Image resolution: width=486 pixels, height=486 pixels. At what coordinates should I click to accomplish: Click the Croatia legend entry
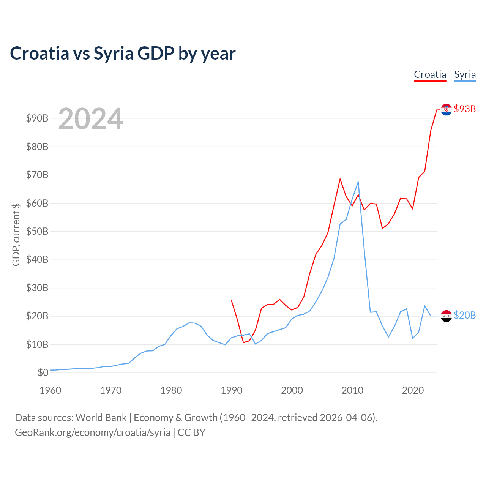pos(430,74)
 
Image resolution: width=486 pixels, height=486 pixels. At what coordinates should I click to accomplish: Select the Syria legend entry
pos(465,74)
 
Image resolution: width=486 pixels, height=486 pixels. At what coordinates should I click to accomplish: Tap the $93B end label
pos(465,109)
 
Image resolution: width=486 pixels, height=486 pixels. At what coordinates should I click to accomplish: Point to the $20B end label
pos(465,316)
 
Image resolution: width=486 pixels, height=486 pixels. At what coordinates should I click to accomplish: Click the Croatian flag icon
pos(446,109)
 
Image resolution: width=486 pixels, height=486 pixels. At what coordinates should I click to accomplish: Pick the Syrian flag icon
pos(446,316)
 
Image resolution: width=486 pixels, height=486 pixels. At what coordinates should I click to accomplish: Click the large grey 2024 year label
pos(90,119)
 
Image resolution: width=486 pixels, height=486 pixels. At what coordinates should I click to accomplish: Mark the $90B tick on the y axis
pos(37,118)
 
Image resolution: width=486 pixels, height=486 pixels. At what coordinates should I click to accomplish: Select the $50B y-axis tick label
pos(37,231)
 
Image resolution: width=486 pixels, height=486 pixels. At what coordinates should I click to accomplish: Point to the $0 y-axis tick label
pos(43,372)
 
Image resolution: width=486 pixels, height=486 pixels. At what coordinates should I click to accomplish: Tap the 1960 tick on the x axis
pos(50,390)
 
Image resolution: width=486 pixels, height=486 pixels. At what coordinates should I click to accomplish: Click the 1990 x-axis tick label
pos(232,390)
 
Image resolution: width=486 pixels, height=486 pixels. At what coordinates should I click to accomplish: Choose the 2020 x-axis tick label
pos(413,390)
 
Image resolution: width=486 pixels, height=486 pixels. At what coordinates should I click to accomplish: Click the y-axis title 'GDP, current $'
pos(16,234)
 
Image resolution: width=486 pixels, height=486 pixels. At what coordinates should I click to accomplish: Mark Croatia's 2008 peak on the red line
pos(340,179)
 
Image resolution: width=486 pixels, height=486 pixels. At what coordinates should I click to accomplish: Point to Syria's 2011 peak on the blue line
pos(358,182)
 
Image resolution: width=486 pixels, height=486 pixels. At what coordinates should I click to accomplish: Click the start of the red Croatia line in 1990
pos(231,300)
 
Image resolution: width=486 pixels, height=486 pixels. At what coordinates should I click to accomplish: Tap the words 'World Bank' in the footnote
pos(101,418)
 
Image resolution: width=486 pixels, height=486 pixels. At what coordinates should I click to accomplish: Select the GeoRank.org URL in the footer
pos(93,432)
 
